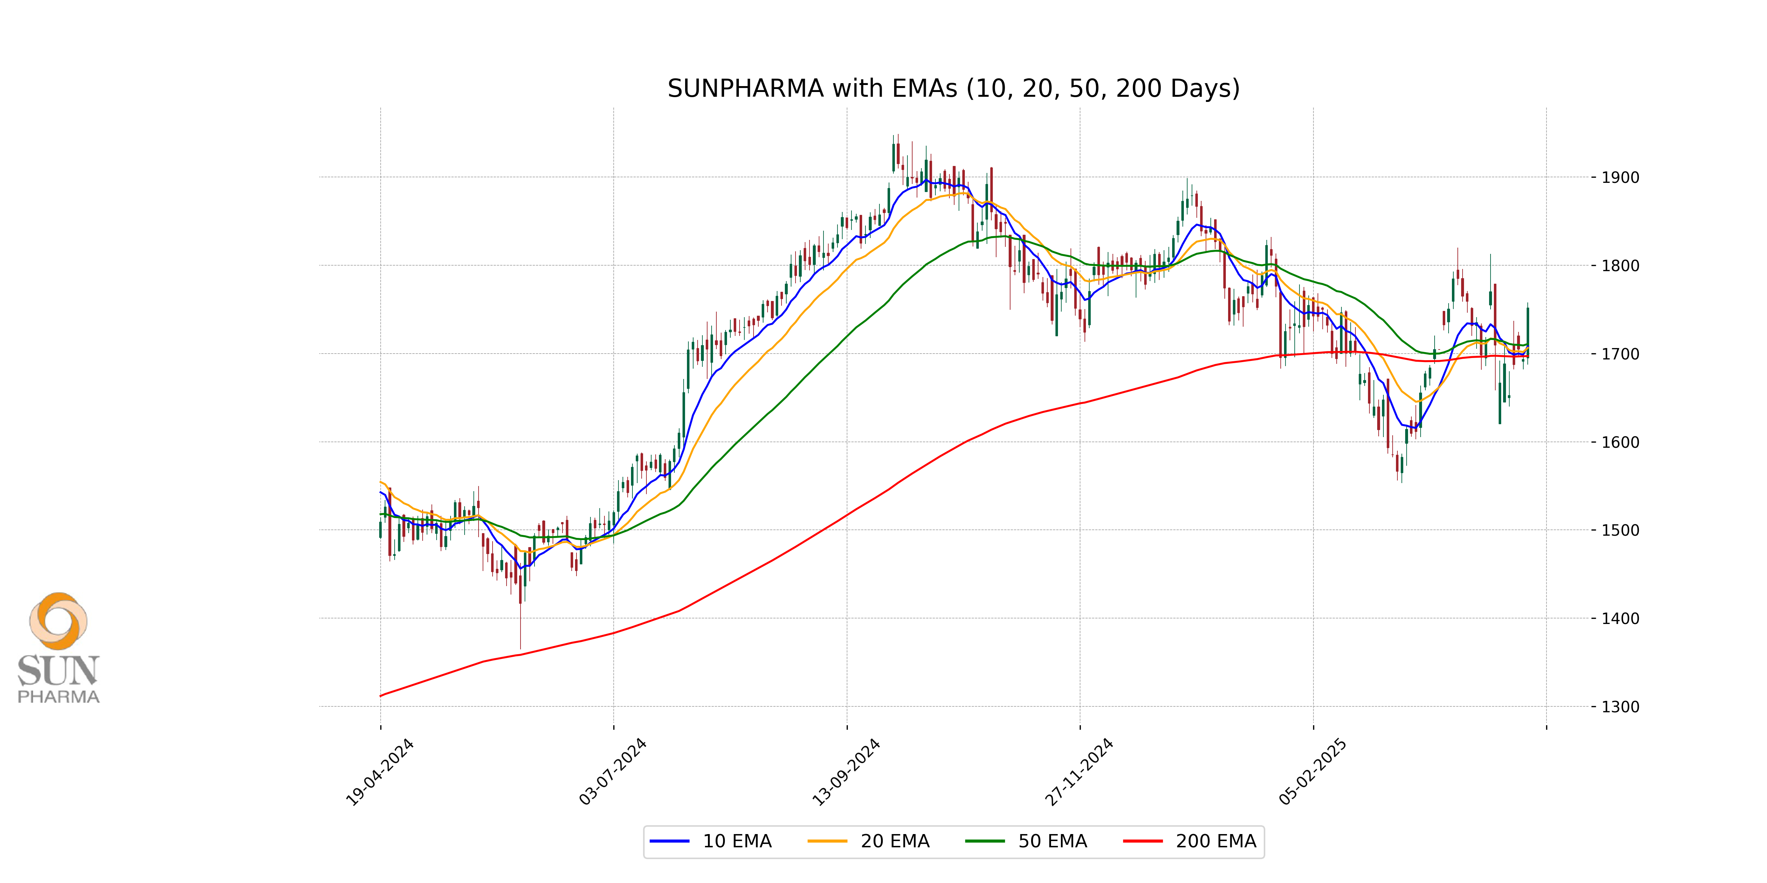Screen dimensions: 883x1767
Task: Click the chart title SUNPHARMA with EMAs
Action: (x=953, y=88)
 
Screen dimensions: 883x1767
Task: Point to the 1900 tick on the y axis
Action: (x=1619, y=178)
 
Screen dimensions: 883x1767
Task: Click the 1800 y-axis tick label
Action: (x=1619, y=266)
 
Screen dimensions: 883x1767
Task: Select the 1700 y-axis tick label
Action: (x=1619, y=354)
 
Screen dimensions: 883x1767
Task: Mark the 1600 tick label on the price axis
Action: (x=1619, y=442)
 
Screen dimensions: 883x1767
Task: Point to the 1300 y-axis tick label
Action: (x=1619, y=707)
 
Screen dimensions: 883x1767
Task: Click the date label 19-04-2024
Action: (x=379, y=773)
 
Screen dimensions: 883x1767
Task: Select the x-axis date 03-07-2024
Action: (x=613, y=773)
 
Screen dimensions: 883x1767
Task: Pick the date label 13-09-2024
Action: (x=846, y=773)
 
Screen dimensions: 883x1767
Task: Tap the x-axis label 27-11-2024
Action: (x=1079, y=773)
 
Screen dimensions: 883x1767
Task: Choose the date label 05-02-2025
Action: (x=1312, y=773)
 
